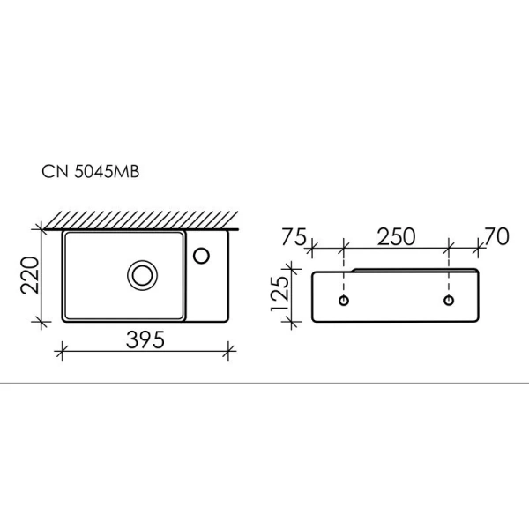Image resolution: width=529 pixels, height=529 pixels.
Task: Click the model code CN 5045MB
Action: pos(91,174)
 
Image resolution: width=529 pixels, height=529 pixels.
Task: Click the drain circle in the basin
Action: pos(140,275)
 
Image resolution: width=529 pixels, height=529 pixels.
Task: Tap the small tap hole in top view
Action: pos(203,255)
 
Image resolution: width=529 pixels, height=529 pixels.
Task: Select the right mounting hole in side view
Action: pos(450,302)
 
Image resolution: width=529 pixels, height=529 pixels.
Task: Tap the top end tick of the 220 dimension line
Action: pos(41,228)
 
